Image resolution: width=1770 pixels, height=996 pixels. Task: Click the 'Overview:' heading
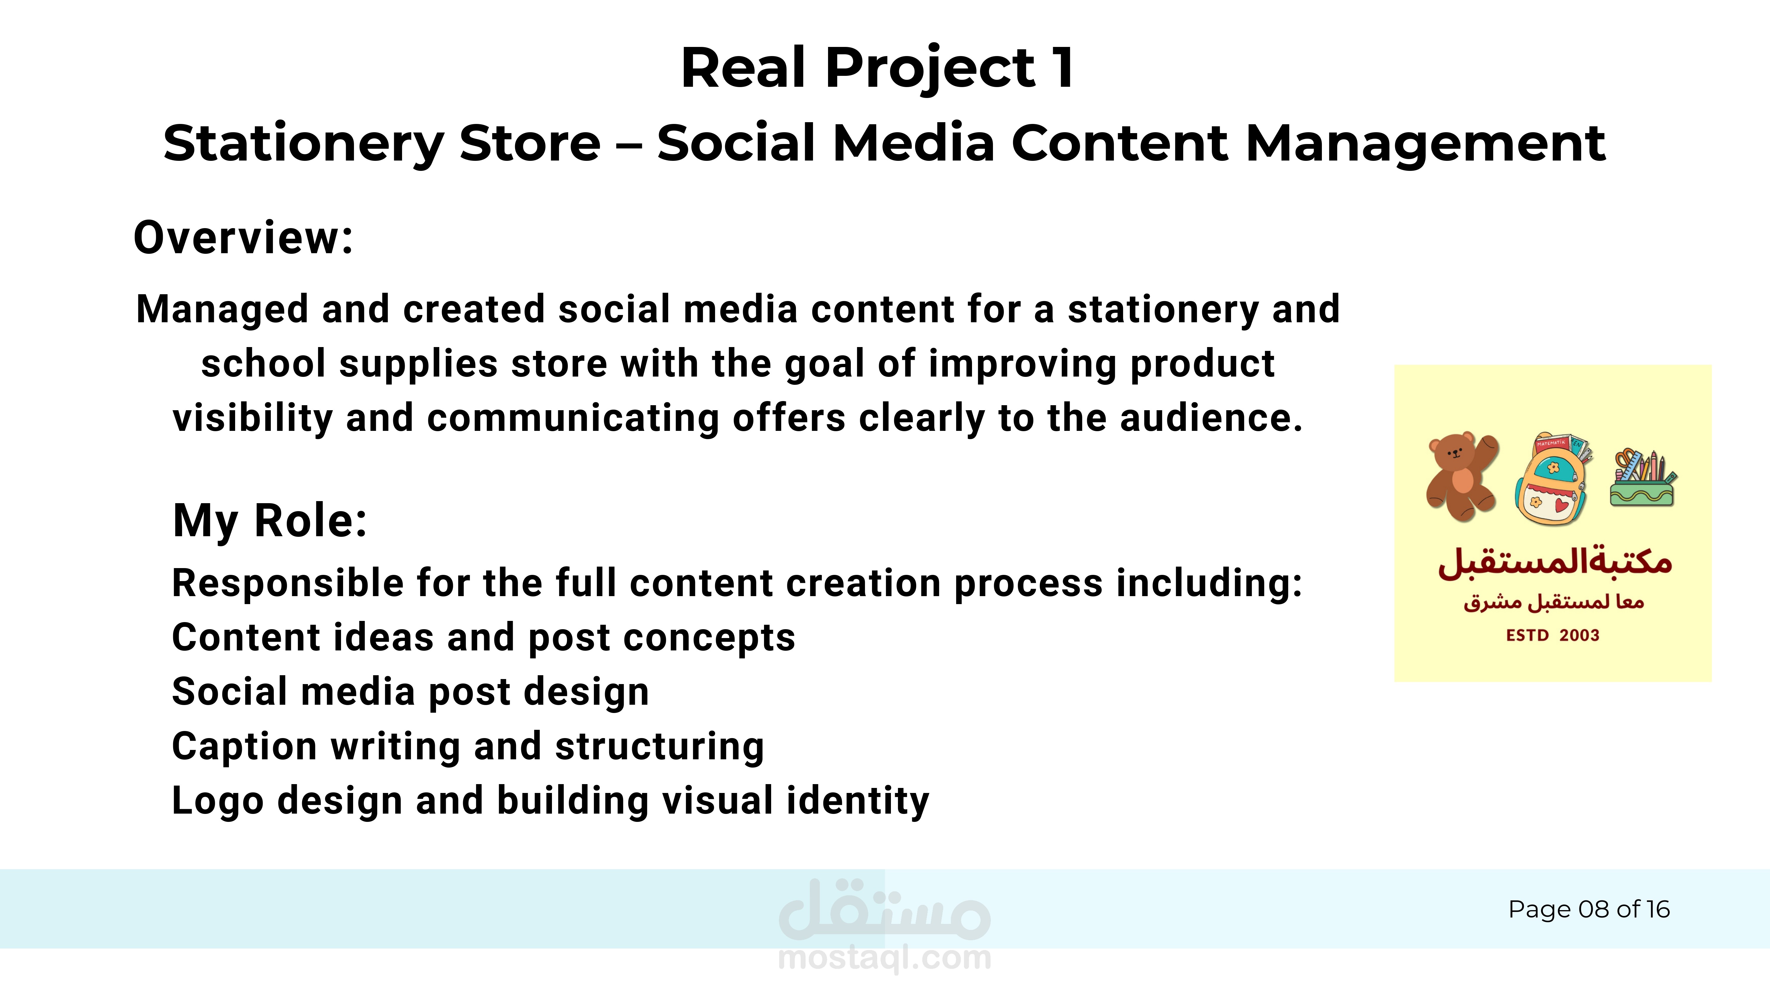[243, 238]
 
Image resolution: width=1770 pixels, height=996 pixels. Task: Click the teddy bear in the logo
[1463, 476]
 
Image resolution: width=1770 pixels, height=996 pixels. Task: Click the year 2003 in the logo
[1580, 635]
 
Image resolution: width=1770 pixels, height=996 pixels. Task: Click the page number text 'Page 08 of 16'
[1589, 910]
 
